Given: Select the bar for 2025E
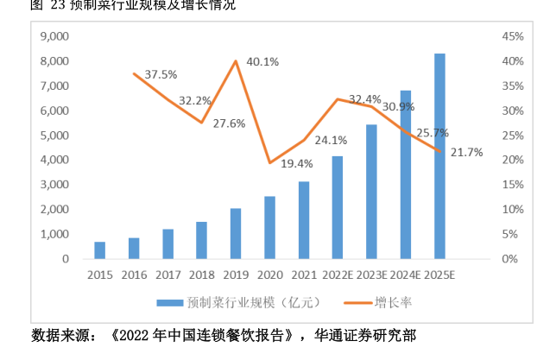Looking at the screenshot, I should click(439, 156).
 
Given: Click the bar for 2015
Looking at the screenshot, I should click(99, 250).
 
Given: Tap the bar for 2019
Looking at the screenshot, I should click(236, 233).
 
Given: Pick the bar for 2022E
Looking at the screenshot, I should click(338, 207).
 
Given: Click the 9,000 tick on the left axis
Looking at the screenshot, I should click(54, 36).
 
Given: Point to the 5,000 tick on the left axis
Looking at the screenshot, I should click(54, 136).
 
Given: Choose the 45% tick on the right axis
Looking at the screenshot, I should click(512, 36).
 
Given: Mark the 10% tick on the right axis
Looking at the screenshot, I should click(512, 210).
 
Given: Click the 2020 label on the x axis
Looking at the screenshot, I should click(269, 274).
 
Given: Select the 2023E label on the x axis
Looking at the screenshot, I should click(371, 274).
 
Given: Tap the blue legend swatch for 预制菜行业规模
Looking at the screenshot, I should click(169, 303).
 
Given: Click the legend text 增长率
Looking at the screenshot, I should click(391, 303).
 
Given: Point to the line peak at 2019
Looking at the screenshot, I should click(236, 60).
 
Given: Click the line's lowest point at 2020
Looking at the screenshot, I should click(269, 162).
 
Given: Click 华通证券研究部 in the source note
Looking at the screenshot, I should click(363, 335).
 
